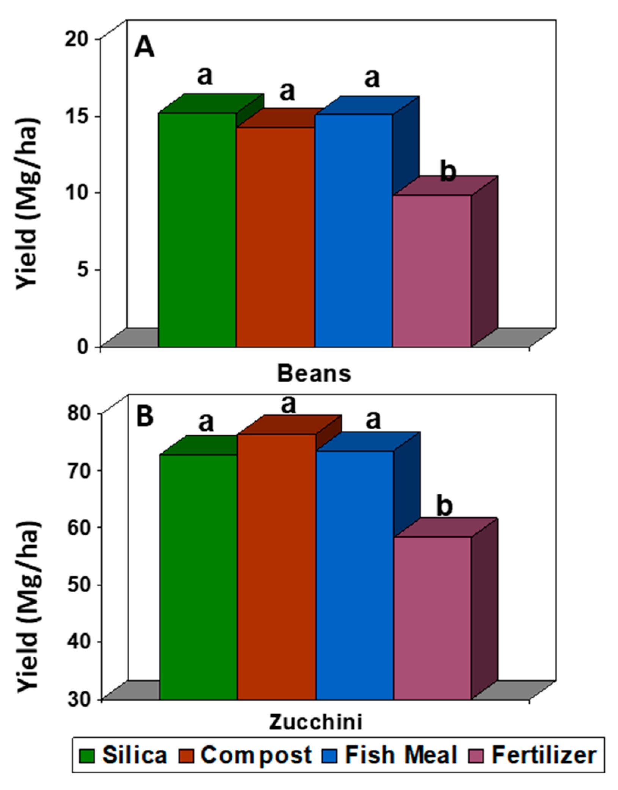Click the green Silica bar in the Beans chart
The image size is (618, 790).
pyautogui.click(x=197, y=229)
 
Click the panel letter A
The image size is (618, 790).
pyautogui.click(x=144, y=47)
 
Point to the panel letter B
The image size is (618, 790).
pyautogui.click(x=144, y=416)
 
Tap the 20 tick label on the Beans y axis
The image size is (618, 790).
pyautogui.click(x=77, y=39)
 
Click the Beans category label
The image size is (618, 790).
pyautogui.click(x=314, y=373)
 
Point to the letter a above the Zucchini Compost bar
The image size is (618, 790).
pyautogui.click(x=288, y=404)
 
